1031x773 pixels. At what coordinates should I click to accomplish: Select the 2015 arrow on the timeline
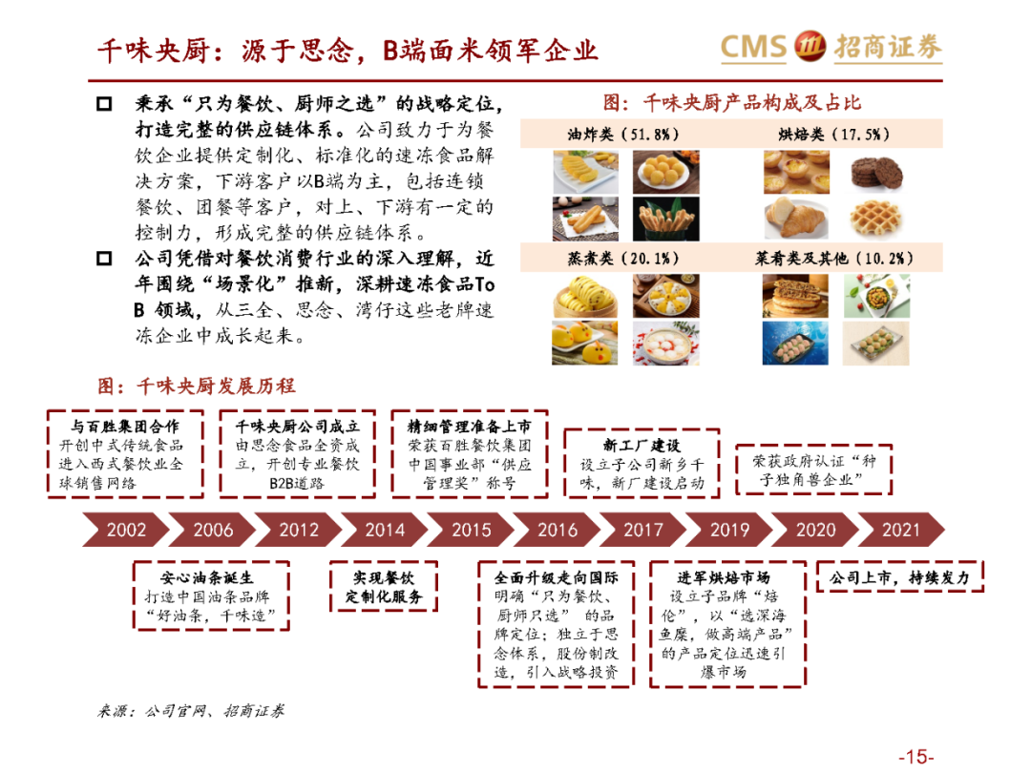(471, 530)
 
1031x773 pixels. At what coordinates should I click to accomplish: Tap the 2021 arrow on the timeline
(900, 530)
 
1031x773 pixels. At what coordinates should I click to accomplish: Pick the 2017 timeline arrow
(642, 530)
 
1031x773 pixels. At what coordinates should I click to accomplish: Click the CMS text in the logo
(753, 47)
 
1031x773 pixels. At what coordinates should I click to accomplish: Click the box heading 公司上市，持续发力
(898, 577)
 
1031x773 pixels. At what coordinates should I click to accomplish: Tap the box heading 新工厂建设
(642, 446)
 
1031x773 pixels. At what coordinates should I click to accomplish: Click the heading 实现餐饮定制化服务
(384, 588)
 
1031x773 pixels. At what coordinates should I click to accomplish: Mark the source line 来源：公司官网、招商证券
(191, 711)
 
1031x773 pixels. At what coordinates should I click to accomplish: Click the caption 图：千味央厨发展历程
(197, 386)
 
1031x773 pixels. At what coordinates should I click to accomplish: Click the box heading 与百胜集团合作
(124, 427)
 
